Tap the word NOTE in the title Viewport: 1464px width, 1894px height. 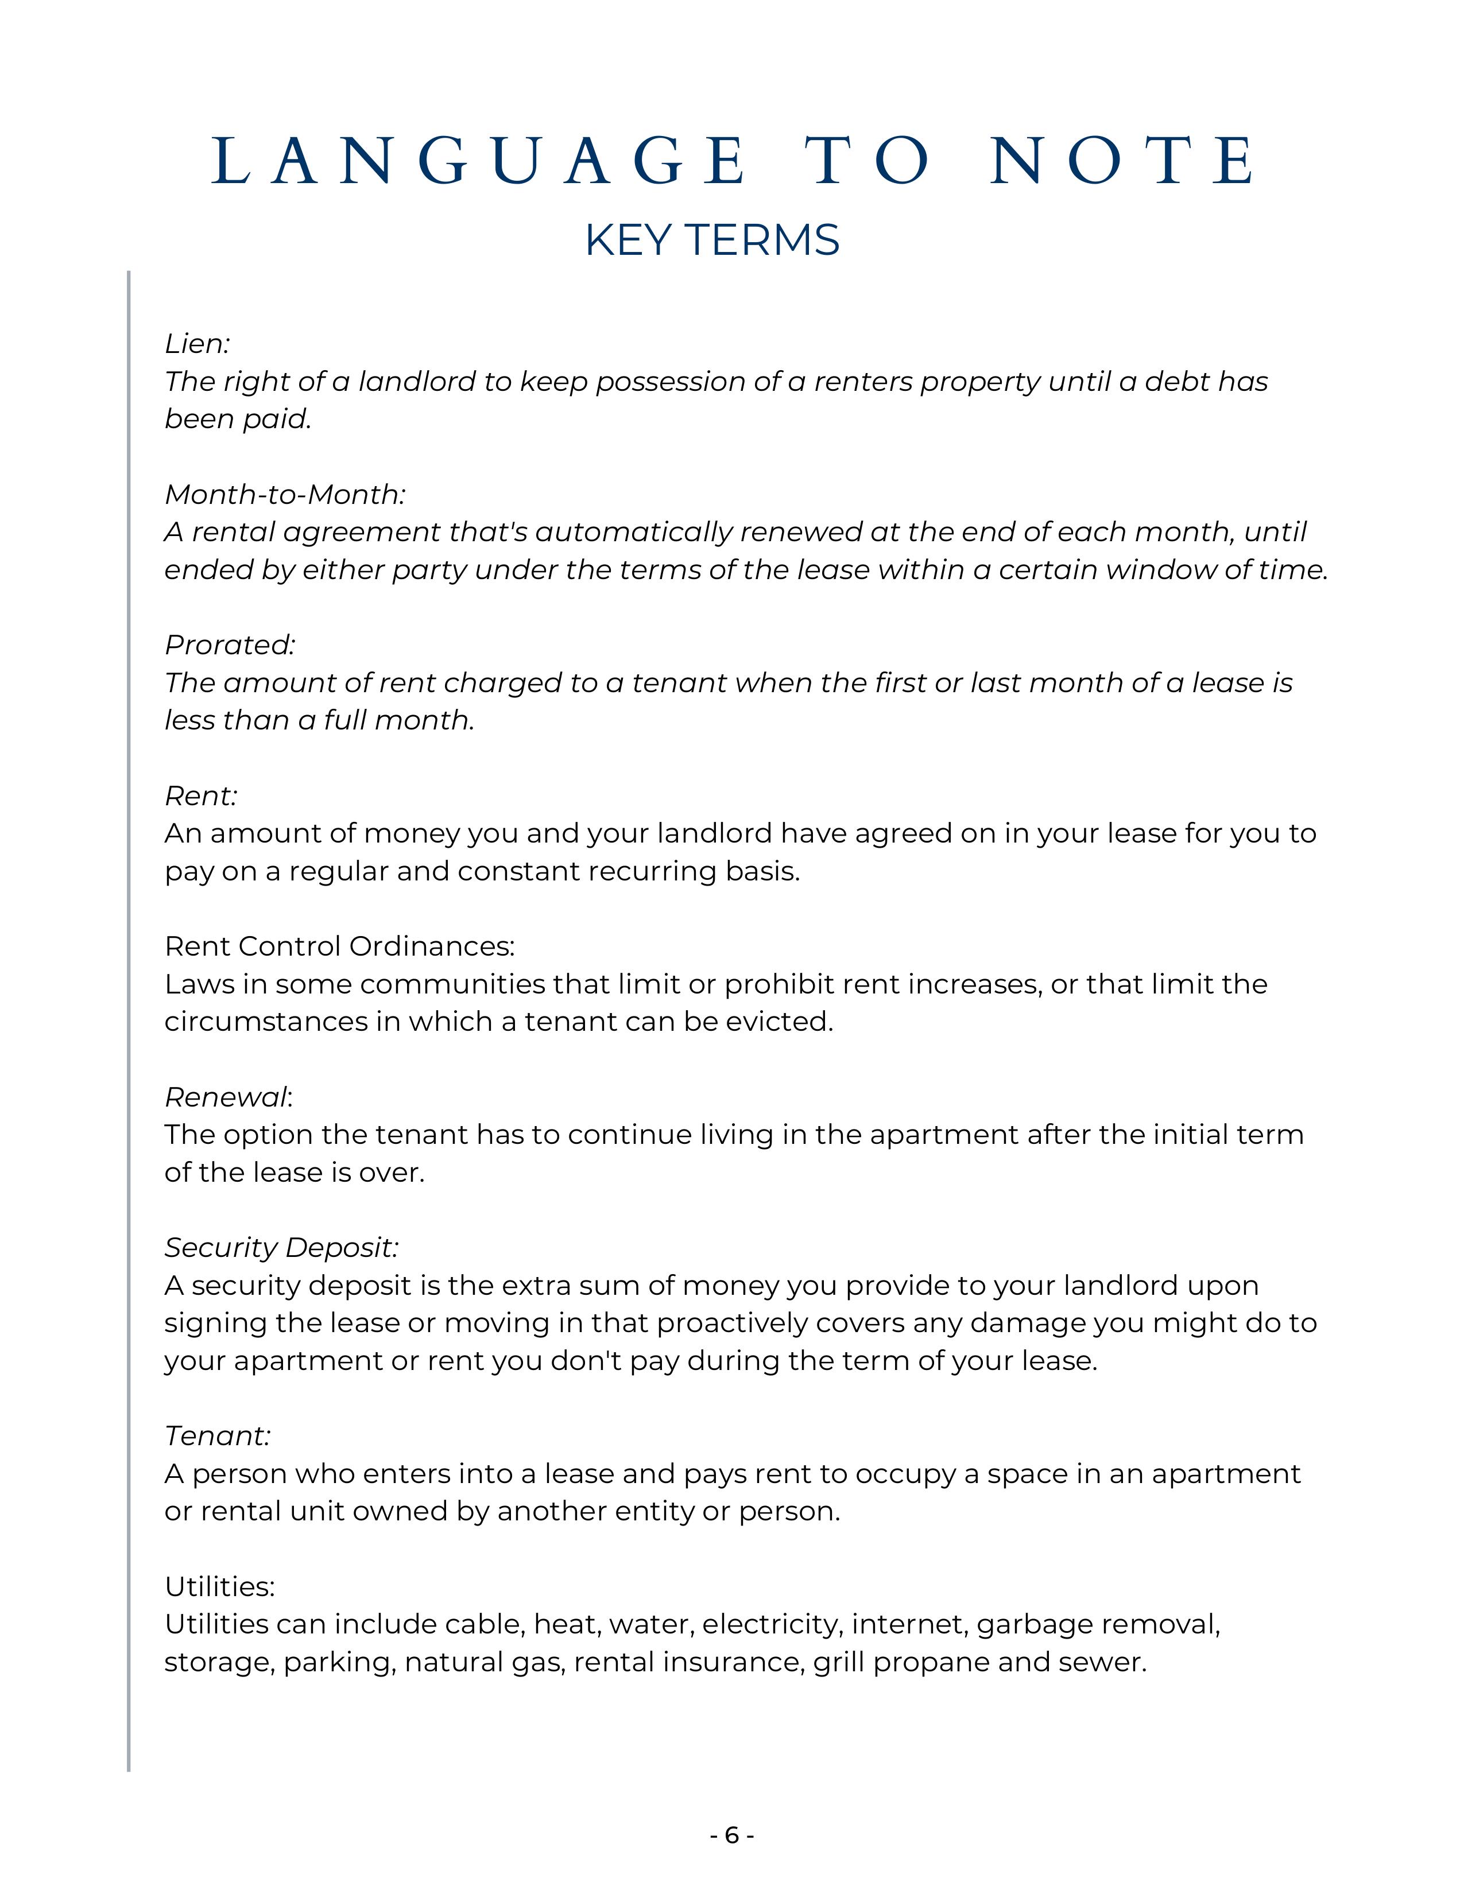(x=1122, y=161)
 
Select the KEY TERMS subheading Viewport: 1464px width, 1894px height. (x=712, y=240)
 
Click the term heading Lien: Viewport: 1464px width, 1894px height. (x=197, y=344)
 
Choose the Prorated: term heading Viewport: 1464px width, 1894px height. (x=230, y=645)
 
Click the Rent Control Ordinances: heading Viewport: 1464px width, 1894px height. (x=339, y=946)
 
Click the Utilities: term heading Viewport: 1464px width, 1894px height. (x=219, y=1587)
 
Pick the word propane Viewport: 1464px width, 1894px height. (x=931, y=1663)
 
